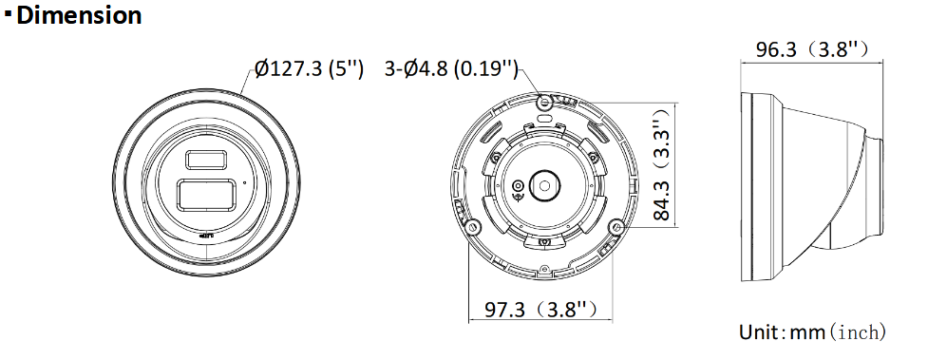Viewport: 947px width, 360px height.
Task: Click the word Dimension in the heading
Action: tap(79, 16)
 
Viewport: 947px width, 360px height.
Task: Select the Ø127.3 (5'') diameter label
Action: tap(310, 68)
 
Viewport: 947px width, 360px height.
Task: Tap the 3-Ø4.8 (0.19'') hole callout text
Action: tap(451, 68)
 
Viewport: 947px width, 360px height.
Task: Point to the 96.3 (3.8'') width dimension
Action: tap(812, 49)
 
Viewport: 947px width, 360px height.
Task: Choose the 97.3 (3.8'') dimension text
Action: tap(541, 310)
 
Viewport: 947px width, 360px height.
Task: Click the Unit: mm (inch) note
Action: tap(812, 332)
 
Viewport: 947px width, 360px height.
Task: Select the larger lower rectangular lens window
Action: tap(206, 195)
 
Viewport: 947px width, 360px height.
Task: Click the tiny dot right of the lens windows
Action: tap(245, 182)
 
